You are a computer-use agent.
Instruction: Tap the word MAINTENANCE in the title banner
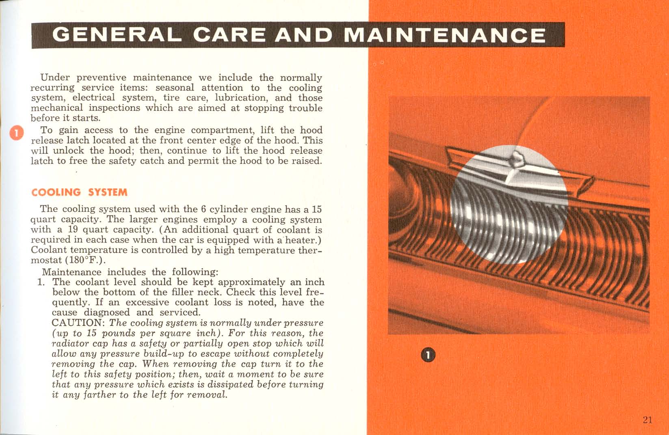pos(445,35)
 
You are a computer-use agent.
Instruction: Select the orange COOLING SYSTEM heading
pos(80,192)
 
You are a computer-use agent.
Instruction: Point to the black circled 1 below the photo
pos(428,355)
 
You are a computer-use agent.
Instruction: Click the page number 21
pos(647,420)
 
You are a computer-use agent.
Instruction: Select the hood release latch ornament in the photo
pos(517,159)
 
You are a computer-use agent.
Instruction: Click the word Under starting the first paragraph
pos(55,78)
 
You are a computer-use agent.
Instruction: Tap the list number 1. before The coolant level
pos(41,282)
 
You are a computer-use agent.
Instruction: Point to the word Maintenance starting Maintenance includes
pos(71,272)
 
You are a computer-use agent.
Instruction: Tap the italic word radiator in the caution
pos(68,344)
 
